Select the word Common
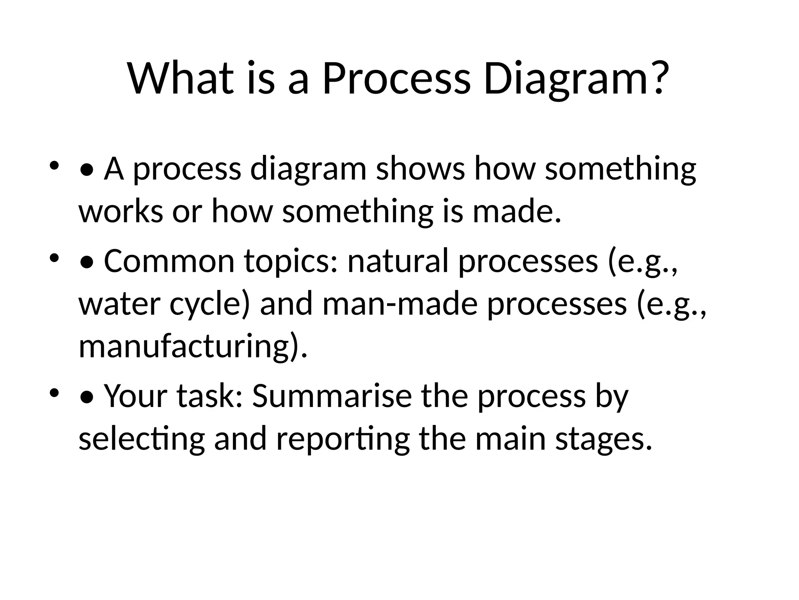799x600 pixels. pos(169,261)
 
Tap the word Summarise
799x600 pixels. pos(332,396)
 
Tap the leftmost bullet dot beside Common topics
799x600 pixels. pos(54,258)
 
